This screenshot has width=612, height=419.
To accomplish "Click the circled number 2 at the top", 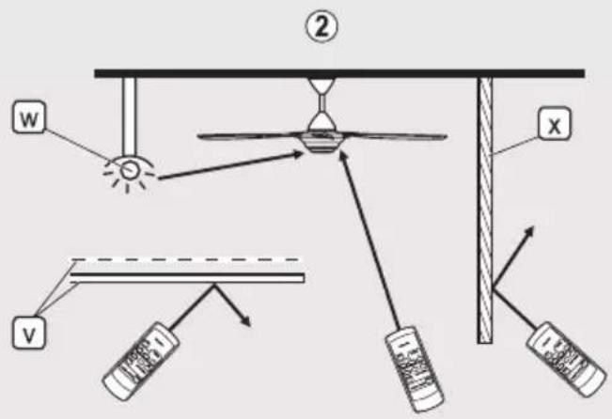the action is click(322, 27).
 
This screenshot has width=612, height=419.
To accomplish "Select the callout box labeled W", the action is click(28, 117).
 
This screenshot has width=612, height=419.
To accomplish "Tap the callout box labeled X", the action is click(555, 124).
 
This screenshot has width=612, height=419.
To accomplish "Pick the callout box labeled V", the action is click(29, 333).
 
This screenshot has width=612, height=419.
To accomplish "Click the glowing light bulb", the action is click(129, 170).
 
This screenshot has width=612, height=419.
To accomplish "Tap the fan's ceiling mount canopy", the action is click(322, 85).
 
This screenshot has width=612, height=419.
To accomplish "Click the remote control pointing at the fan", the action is click(415, 369).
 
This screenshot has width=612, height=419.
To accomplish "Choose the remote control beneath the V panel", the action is click(141, 361).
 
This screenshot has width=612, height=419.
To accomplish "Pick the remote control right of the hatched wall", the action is click(567, 359).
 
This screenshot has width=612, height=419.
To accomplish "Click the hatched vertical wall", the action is click(485, 210).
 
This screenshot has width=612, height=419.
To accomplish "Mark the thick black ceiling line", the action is click(339, 73).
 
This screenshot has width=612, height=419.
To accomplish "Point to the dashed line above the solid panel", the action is click(186, 259).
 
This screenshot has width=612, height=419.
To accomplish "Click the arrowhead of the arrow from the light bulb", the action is click(297, 155).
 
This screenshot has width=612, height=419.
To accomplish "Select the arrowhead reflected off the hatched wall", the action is click(529, 231).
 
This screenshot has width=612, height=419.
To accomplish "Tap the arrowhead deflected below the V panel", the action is click(245, 320).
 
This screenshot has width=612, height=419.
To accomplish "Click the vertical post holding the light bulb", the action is click(129, 116).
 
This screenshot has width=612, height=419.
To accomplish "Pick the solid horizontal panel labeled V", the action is click(187, 278).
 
